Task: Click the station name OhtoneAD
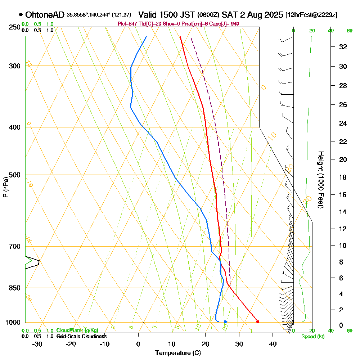click(x=45, y=15)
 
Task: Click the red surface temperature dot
click(x=257, y=321)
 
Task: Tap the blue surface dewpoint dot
click(x=225, y=321)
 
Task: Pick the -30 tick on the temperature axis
click(x=37, y=344)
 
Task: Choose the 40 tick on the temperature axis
click(x=273, y=344)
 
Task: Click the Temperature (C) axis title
click(x=178, y=353)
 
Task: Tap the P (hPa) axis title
click(x=5, y=187)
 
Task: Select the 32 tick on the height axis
click(x=343, y=47)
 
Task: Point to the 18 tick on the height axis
click(x=343, y=177)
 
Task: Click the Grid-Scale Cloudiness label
click(x=81, y=336)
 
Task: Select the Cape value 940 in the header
click(x=235, y=24)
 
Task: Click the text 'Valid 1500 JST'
click(x=167, y=15)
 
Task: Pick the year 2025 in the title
click(x=273, y=15)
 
